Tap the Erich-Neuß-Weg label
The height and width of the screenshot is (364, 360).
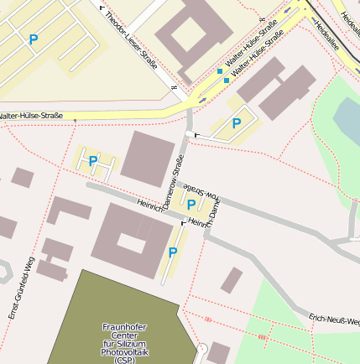[x=334, y=320]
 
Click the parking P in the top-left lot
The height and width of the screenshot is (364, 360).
[x=33, y=39]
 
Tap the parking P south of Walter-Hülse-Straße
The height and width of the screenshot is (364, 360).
[x=237, y=123]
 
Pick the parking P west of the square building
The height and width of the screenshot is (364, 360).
[x=92, y=160]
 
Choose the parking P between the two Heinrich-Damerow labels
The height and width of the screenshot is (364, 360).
[x=190, y=204]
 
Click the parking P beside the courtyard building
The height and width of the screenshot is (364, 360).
[x=173, y=252]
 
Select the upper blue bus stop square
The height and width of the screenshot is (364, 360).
[x=220, y=72]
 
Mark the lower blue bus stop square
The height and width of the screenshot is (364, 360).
[x=227, y=81]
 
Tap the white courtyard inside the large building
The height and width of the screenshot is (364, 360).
[x=131, y=243]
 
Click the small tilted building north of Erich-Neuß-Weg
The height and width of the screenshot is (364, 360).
[x=232, y=280]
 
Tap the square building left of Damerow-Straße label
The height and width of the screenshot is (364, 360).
[x=148, y=159]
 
